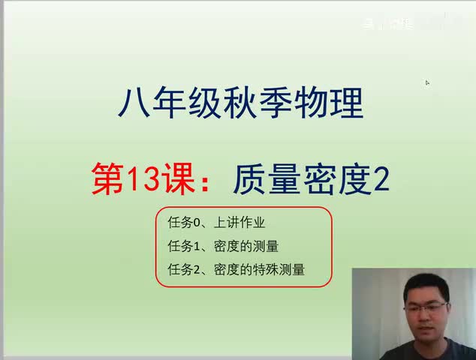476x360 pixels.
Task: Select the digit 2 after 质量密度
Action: (381, 180)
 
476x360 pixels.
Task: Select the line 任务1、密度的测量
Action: (228, 246)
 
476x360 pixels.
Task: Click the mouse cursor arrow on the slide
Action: (427, 83)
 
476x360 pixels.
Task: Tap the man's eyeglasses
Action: (425, 307)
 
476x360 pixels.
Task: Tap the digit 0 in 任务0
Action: (188, 223)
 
